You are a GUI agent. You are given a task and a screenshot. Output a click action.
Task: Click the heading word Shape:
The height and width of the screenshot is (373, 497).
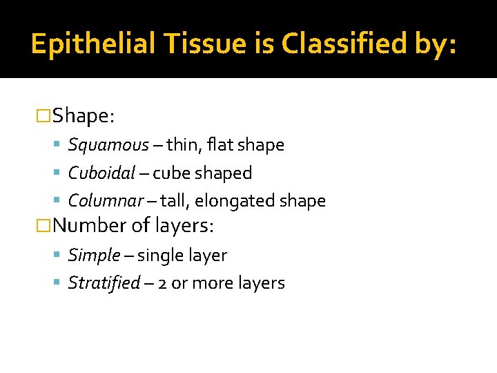point(84,115)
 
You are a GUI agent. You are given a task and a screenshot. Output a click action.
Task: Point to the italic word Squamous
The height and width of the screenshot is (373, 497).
point(108,145)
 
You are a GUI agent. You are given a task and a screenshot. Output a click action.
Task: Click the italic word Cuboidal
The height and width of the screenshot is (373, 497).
point(101,173)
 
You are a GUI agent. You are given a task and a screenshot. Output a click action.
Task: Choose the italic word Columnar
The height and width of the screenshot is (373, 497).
point(105,201)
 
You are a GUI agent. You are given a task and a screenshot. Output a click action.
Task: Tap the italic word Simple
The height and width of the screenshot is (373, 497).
point(94,256)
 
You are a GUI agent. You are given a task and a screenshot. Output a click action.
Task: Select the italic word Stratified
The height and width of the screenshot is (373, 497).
point(104,283)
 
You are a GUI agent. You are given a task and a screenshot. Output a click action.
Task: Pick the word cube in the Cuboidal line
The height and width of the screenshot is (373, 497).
point(168,173)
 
